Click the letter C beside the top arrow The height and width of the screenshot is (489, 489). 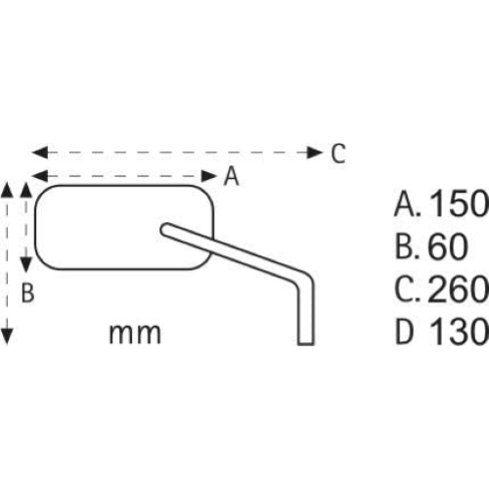coord(336,154)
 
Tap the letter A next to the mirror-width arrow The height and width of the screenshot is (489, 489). coord(231,176)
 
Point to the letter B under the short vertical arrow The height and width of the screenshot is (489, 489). coord(28,291)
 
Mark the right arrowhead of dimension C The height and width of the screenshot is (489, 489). coord(315,153)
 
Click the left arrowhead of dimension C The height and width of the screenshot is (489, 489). coord(38,153)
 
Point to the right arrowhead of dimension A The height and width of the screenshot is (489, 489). coord(210,176)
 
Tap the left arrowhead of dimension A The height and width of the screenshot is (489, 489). coord(38,176)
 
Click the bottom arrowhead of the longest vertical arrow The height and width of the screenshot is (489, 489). coord(8,336)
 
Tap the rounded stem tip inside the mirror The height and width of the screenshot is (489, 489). coord(166,230)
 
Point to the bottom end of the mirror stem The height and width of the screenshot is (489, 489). coord(305,338)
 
